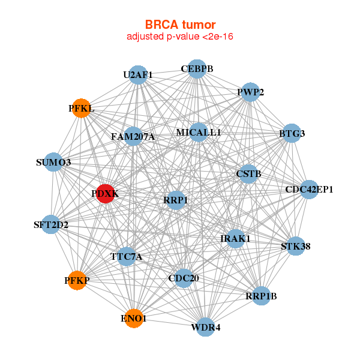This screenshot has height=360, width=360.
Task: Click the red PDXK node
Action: pyautogui.click(x=105, y=194)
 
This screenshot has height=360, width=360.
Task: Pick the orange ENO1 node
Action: pyautogui.click(x=133, y=318)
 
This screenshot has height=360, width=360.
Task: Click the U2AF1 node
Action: pyautogui.click(x=138, y=75)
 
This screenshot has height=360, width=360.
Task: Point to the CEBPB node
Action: pyautogui.click(x=197, y=69)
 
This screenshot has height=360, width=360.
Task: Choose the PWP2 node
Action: pyautogui.click(x=250, y=92)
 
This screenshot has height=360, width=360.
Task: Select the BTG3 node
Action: pyautogui.click(x=292, y=133)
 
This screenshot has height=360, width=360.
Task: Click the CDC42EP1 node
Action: pyautogui.click(x=309, y=190)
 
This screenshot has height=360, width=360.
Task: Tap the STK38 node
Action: pyautogui.click(x=295, y=246)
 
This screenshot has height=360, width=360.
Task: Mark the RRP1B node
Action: pyautogui.click(x=261, y=295)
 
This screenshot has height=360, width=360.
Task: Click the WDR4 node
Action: pyautogui.click(x=205, y=327)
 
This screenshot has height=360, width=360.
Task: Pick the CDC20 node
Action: pyautogui.click(x=184, y=278)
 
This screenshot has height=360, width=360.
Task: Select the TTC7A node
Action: pyautogui.click(x=127, y=257)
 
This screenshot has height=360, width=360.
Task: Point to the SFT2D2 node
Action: pyautogui.click(x=51, y=226)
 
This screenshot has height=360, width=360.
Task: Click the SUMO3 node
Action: pyautogui.click(x=53, y=163)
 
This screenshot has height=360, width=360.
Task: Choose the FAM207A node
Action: pyautogui.click(x=133, y=137)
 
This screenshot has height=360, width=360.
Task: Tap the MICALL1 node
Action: pyautogui.click(x=199, y=132)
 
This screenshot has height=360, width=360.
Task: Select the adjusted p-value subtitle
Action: pyautogui.click(x=180, y=37)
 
